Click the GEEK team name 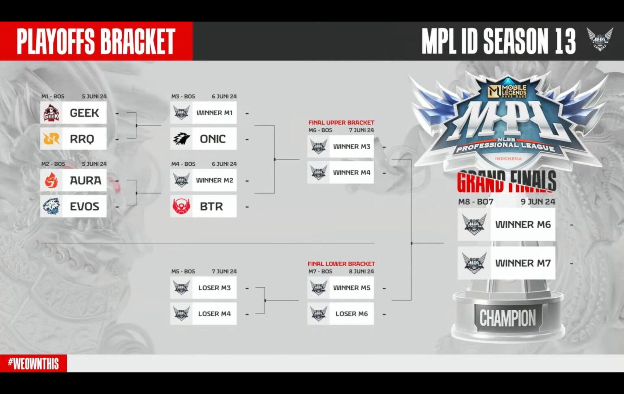pos(84,113)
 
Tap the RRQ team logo pos(51,139)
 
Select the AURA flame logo pos(51,180)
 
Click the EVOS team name pos(84,206)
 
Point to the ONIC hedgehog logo pos(181,139)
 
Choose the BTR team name pos(211,206)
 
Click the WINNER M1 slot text pos(214,113)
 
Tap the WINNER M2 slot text pos(214,180)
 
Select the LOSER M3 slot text pos(214,288)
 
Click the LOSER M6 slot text pos(351,314)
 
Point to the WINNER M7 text pos(522,263)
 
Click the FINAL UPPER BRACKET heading pos(341,122)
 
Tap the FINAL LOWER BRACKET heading pos(341,264)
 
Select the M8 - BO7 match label pos(475,201)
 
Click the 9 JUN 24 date pos(537,201)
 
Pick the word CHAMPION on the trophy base pos(507,318)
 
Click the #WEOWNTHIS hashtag pos(33,364)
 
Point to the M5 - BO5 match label pos(183,271)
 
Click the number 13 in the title pos(565,41)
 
